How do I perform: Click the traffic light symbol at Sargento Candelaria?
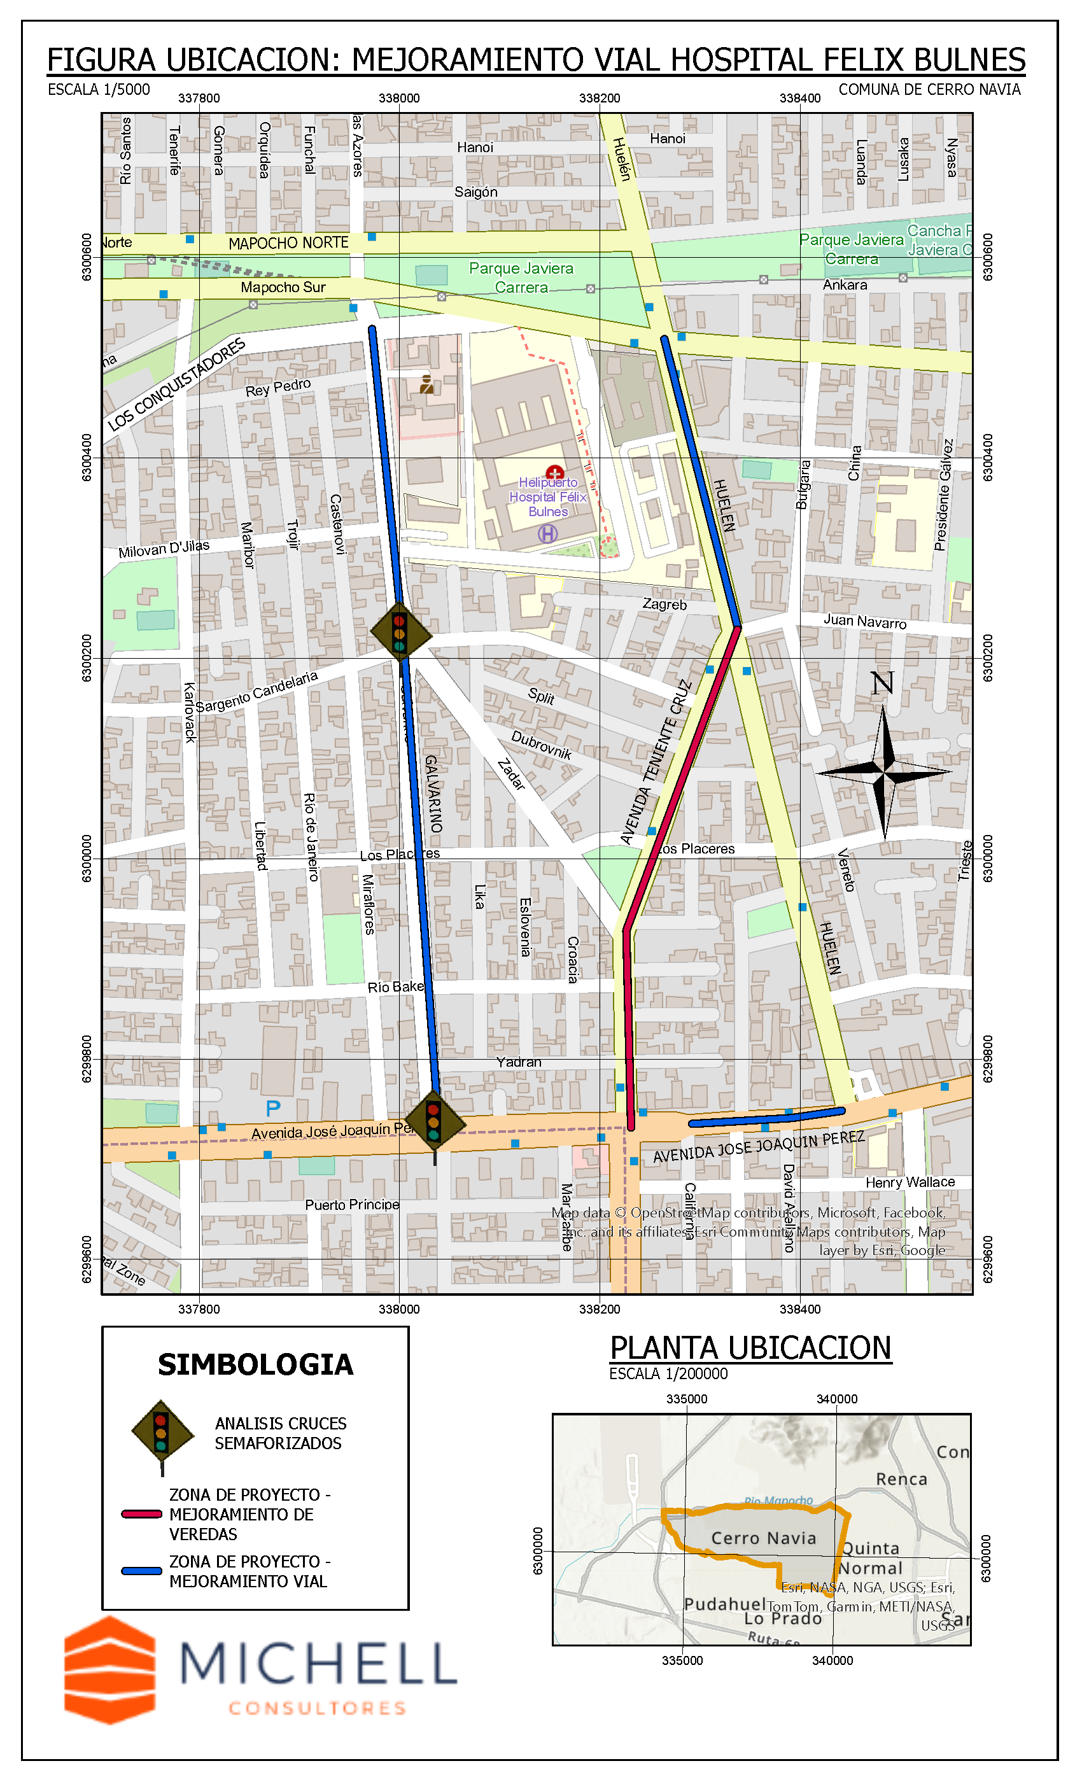[x=400, y=632]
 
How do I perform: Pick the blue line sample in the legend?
[x=142, y=1571]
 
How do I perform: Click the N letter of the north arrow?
[x=882, y=684]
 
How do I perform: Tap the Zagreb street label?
[x=664, y=604]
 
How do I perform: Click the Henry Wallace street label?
[x=910, y=1182]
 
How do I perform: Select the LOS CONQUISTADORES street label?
[x=176, y=385]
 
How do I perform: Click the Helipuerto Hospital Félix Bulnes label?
[x=547, y=497]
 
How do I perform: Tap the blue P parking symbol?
[x=272, y=1108]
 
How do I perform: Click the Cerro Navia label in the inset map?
[x=763, y=1538]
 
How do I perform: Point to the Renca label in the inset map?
[x=901, y=1479]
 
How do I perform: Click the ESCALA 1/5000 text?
[x=99, y=90]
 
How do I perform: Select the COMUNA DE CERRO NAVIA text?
[x=929, y=90]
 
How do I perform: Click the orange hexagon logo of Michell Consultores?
[x=110, y=1670]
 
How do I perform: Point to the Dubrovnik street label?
[x=541, y=745]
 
